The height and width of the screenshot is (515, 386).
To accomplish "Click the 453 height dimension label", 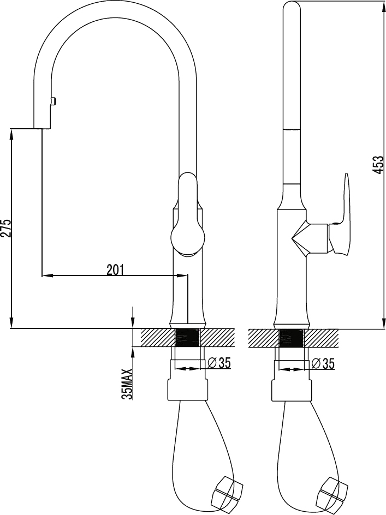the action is pyautogui.click(x=378, y=165).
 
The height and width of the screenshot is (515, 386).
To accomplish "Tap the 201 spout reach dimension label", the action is pyautogui.click(x=115, y=270).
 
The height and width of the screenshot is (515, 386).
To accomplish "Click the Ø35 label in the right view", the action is pyautogui.click(x=323, y=363).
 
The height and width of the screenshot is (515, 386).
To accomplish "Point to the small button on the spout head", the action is pyautogui.click(x=53, y=101).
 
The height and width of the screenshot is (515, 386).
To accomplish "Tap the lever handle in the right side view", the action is pyautogui.click(x=343, y=213).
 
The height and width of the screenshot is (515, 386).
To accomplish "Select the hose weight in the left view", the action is pyautogui.click(x=227, y=492).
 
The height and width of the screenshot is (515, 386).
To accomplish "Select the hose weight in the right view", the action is pyautogui.click(x=332, y=492).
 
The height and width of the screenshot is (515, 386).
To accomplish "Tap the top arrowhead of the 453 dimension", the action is pyautogui.click(x=383, y=6).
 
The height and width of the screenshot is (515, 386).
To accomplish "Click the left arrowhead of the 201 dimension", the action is pyautogui.click(x=47, y=276).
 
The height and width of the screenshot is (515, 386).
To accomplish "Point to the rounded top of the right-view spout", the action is pyautogui.click(x=292, y=7).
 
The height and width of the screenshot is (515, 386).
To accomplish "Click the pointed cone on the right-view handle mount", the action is pyautogui.click(x=299, y=237).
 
